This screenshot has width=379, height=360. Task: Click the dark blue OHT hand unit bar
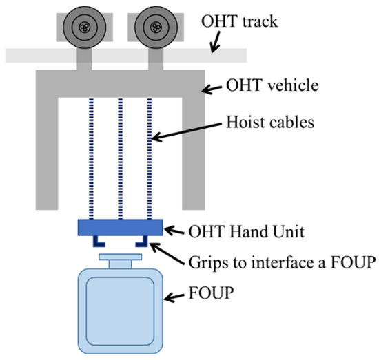[x=120, y=227]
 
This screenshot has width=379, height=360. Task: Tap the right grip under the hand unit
[x=141, y=241]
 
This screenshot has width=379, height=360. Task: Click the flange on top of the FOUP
[x=121, y=260]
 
